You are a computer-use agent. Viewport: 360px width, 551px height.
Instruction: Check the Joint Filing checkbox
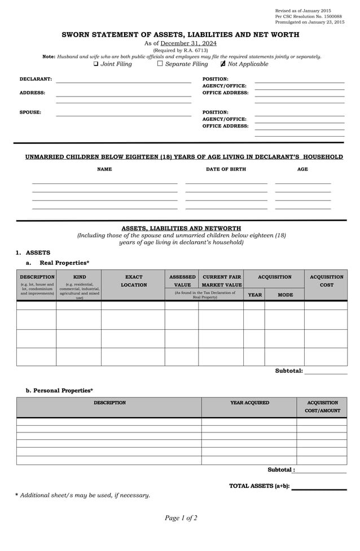tap(96, 64)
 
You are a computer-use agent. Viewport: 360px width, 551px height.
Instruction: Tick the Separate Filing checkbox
tap(160, 64)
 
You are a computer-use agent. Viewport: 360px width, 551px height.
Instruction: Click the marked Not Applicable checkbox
tap(223, 64)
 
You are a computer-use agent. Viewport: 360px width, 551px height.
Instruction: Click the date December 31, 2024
tap(188, 43)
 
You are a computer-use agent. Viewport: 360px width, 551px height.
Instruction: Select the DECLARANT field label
tap(36, 79)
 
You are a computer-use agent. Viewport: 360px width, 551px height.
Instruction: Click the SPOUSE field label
tap(30, 112)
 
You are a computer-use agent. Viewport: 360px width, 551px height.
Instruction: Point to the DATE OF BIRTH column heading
tap(226, 169)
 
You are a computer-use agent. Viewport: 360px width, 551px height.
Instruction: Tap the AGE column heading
tap(302, 169)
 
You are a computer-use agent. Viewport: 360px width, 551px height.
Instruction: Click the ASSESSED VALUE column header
tap(182, 281)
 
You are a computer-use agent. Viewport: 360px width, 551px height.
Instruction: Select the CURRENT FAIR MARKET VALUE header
tap(222, 281)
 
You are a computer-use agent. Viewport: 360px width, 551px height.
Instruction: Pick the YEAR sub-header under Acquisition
tap(255, 295)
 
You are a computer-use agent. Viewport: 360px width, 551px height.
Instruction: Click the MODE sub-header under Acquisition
tap(285, 295)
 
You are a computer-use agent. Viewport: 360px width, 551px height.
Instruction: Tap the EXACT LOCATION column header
tap(134, 281)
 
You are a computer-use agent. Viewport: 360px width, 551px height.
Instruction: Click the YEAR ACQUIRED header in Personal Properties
tap(249, 403)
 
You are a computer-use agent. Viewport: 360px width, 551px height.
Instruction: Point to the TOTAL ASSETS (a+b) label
tap(259, 486)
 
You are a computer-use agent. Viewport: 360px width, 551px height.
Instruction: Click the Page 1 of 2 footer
tap(181, 518)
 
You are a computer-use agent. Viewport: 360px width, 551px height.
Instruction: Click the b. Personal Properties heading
tap(59, 390)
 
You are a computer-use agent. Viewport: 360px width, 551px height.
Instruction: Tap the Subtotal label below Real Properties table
tap(288, 371)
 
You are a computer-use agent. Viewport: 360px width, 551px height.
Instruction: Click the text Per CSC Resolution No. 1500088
tap(308, 16)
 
